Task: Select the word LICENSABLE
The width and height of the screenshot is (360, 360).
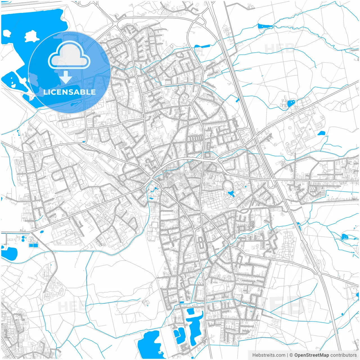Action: click(x=69, y=92)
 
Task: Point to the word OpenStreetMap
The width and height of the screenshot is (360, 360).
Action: click(x=311, y=355)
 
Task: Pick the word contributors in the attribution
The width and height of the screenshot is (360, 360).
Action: click(x=343, y=355)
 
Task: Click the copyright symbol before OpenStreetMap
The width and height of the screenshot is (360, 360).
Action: click(x=291, y=355)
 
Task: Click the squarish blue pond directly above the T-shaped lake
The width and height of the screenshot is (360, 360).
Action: click(x=190, y=311)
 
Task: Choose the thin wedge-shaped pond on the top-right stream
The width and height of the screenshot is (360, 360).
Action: click(x=264, y=26)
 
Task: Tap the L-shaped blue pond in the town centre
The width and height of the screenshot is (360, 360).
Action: click(x=231, y=193)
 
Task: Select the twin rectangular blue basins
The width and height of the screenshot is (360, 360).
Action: click(x=33, y=246)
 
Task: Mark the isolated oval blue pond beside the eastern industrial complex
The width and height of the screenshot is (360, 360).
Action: click(x=321, y=133)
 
